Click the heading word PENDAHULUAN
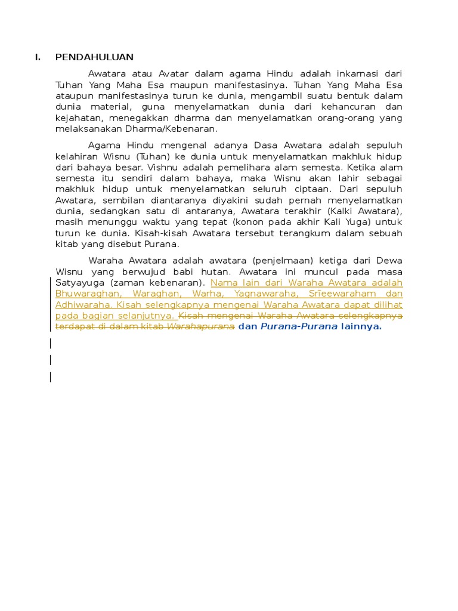(94, 57)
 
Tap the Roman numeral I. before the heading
(38, 57)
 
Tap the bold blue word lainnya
(361, 326)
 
